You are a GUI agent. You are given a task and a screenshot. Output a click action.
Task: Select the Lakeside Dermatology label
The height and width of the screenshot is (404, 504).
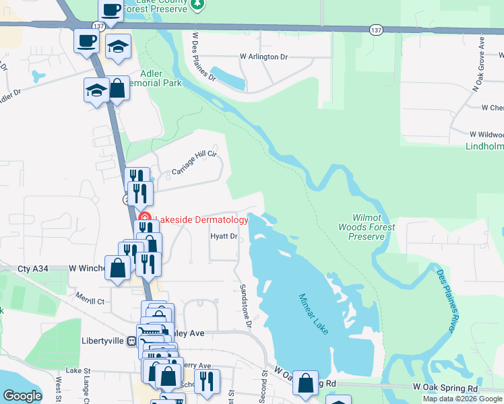pyautogui.click(x=201, y=220)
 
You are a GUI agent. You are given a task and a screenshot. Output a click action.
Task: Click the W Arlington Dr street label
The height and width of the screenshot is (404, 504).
pyautogui.click(x=263, y=57)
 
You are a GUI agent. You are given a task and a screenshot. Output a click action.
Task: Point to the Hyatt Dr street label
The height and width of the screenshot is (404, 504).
pyautogui.click(x=224, y=236)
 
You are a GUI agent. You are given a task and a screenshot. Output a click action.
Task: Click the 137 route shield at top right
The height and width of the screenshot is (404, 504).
pyautogui.click(x=376, y=30)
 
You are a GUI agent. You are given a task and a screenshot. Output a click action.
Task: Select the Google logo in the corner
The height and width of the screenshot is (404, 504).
pyautogui.click(x=22, y=396)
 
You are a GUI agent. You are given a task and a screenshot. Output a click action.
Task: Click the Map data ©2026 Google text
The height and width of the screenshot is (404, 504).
pyautogui.click(x=462, y=399)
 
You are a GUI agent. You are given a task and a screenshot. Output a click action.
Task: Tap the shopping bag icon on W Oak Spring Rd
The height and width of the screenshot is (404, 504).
pyautogui.click(x=305, y=382)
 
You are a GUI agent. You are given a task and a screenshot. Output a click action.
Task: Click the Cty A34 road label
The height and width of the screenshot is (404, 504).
pyautogui.click(x=34, y=268)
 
